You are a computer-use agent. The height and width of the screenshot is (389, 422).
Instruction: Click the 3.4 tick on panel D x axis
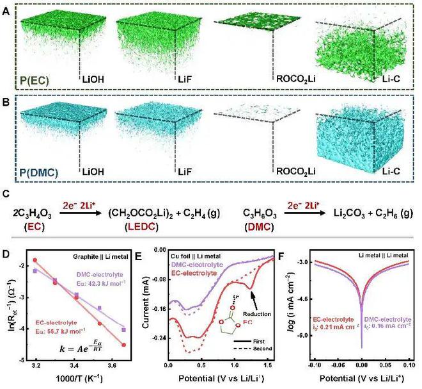click(x=75, y=365)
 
